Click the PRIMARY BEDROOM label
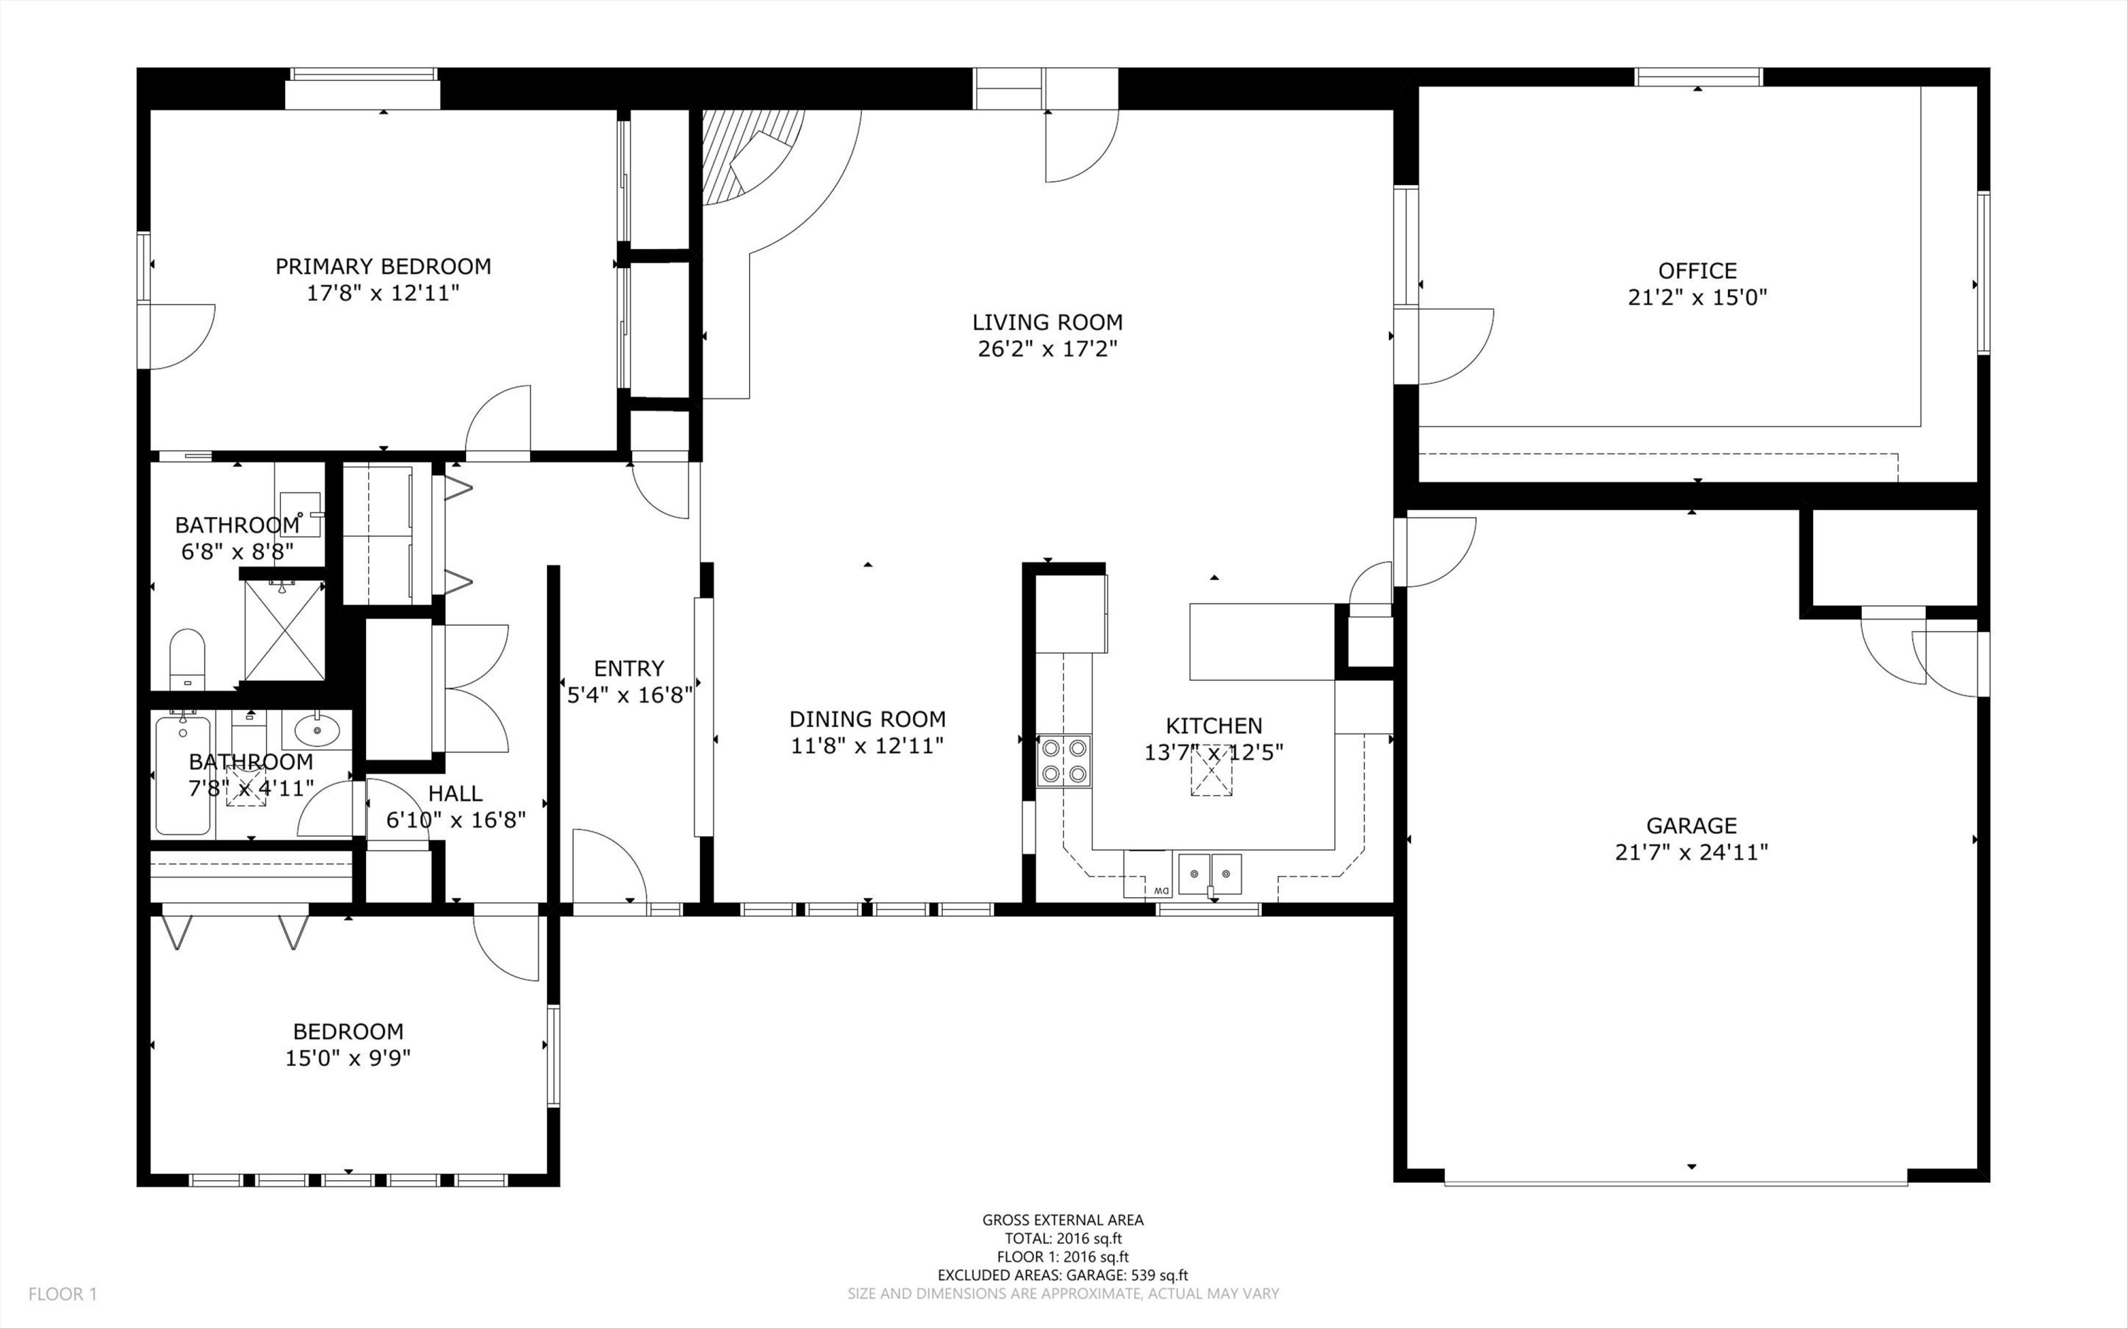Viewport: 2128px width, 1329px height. click(x=383, y=267)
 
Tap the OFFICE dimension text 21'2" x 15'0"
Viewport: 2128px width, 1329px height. click(x=1697, y=297)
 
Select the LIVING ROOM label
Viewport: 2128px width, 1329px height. click(x=1048, y=323)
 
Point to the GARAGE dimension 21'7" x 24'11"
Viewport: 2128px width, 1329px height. click(x=1691, y=852)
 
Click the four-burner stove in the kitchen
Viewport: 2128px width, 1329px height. click(x=1063, y=761)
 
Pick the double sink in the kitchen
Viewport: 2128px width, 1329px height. click(x=1209, y=874)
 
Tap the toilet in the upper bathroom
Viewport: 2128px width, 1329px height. click(x=187, y=658)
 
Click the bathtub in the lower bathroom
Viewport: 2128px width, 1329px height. click(x=183, y=775)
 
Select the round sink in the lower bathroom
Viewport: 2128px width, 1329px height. click(x=316, y=730)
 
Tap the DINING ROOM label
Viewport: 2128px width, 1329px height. click(x=868, y=719)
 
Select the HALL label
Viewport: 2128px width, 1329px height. click(x=455, y=794)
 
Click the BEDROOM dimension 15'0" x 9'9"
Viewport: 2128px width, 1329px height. click(x=348, y=1058)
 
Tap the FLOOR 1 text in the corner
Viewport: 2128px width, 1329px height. click(x=62, y=1294)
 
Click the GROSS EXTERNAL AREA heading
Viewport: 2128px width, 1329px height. click(x=1063, y=1220)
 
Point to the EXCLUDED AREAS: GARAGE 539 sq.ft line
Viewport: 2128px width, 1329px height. click(x=1063, y=1275)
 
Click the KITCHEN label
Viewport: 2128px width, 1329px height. click(x=1214, y=726)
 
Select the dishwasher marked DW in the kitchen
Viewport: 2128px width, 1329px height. click(x=1147, y=874)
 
